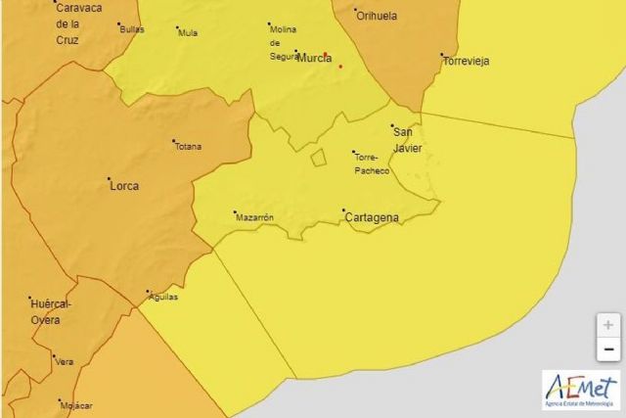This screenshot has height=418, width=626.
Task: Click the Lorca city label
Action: [x=123, y=185]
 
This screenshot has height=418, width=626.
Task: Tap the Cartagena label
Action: [x=373, y=217]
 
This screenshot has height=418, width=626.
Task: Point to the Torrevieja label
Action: [x=466, y=61]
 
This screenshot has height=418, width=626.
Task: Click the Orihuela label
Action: [x=378, y=17]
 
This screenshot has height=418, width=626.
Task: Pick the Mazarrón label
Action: [x=254, y=217]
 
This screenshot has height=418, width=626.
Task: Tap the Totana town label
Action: [x=188, y=147]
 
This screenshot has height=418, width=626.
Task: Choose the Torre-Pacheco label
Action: [x=373, y=163]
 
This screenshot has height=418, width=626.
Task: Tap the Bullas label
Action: [x=131, y=29]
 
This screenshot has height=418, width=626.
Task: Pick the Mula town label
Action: [x=188, y=32]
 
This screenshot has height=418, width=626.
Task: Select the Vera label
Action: [x=65, y=361]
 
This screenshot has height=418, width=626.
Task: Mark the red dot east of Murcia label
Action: [x=340, y=67]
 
